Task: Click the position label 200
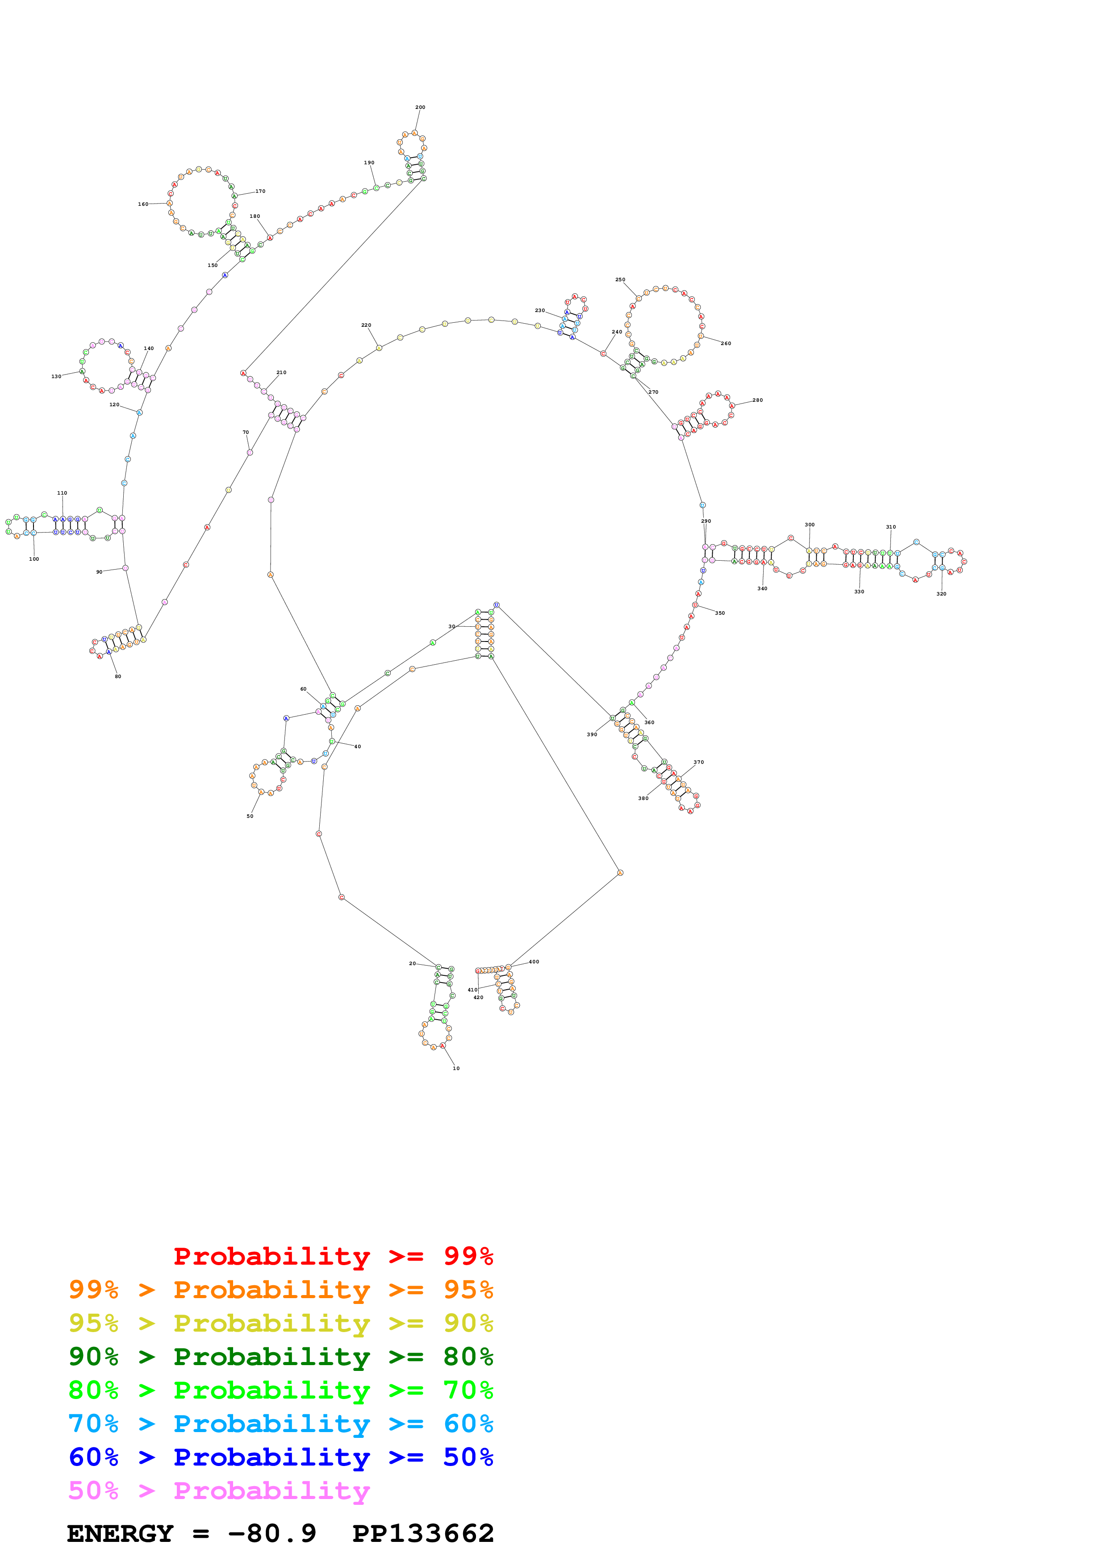coord(420,107)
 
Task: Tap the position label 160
coord(143,204)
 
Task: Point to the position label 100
coord(34,559)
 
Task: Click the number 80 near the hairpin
coord(118,677)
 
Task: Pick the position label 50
coord(251,816)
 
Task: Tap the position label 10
coord(456,1069)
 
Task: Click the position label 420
coord(479,998)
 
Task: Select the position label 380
coord(643,799)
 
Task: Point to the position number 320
coord(941,594)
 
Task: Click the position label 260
coord(726,344)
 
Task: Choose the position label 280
coord(758,400)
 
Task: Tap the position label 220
coord(366,325)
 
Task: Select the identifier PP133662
coord(423,1534)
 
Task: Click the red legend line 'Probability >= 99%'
coord(333,1256)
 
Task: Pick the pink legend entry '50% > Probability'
coord(219,1491)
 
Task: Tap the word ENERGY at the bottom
coord(120,1534)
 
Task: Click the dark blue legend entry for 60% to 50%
coord(280,1458)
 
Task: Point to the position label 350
coord(720,613)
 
